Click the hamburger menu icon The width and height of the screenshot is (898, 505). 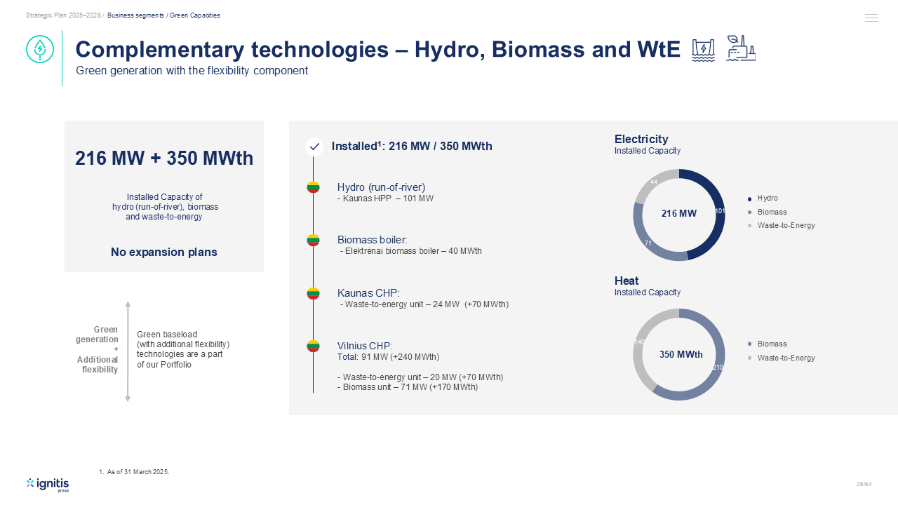pyautogui.click(x=871, y=18)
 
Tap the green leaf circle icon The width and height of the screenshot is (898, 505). pyautogui.click(x=40, y=49)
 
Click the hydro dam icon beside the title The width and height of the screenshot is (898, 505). pyautogui.click(x=703, y=50)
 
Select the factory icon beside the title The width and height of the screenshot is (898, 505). pyautogui.click(x=740, y=48)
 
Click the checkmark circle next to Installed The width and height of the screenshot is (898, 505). pyautogui.click(x=314, y=147)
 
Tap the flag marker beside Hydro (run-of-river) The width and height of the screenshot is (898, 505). pyautogui.click(x=313, y=187)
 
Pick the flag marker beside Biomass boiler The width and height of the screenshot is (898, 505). pyautogui.click(x=313, y=240)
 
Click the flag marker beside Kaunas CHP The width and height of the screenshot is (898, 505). pyautogui.click(x=313, y=293)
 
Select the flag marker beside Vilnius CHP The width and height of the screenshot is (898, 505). pyautogui.click(x=313, y=346)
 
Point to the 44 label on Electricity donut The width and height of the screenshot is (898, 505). pyautogui.click(x=654, y=182)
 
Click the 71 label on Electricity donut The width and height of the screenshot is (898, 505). pyautogui.click(x=648, y=243)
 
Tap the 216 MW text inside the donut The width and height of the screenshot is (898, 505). pyautogui.click(x=678, y=213)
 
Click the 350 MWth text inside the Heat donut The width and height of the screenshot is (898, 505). pyautogui.click(x=681, y=354)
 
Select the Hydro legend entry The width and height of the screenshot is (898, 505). pyautogui.click(x=763, y=198)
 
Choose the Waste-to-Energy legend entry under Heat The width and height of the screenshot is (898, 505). pyautogui.click(x=782, y=358)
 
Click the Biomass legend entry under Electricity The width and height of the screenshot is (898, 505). pyautogui.click(x=768, y=212)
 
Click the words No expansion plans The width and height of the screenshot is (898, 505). pyautogui.click(x=164, y=252)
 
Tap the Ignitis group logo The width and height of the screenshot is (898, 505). pyautogui.click(x=48, y=485)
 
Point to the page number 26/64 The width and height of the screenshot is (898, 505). pyautogui.click(x=864, y=484)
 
